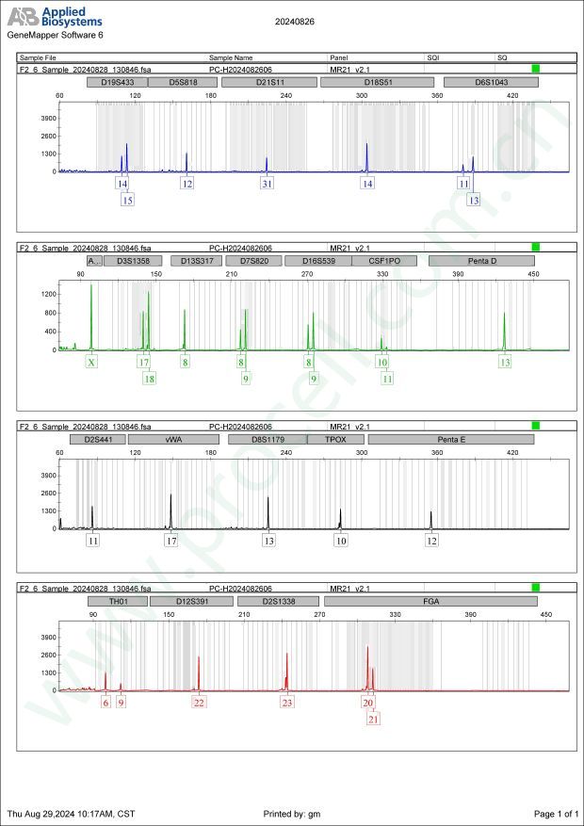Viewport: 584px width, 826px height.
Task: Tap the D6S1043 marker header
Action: (491, 83)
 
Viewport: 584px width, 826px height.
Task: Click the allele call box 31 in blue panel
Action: (268, 184)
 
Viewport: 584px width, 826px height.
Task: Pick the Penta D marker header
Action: (481, 261)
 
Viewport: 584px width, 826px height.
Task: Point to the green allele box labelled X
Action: (91, 362)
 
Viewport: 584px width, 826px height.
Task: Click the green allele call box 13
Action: (505, 362)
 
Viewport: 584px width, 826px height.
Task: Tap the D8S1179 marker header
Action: (268, 440)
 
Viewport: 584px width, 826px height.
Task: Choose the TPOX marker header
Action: (335, 440)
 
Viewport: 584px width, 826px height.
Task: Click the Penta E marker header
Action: (451, 440)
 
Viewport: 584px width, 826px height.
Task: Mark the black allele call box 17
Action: (170, 541)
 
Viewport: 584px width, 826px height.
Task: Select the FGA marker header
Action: (431, 601)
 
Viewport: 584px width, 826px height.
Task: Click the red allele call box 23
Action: (286, 702)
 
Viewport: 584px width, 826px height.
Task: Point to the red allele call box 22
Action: (199, 702)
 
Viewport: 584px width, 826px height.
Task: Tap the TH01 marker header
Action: (118, 601)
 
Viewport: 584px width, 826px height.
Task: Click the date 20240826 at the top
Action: (294, 21)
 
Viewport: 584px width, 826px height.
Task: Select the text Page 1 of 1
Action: (555, 814)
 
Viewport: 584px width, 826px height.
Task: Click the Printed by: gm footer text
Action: (292, 814)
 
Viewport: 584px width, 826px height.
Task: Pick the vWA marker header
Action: (173, 440)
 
